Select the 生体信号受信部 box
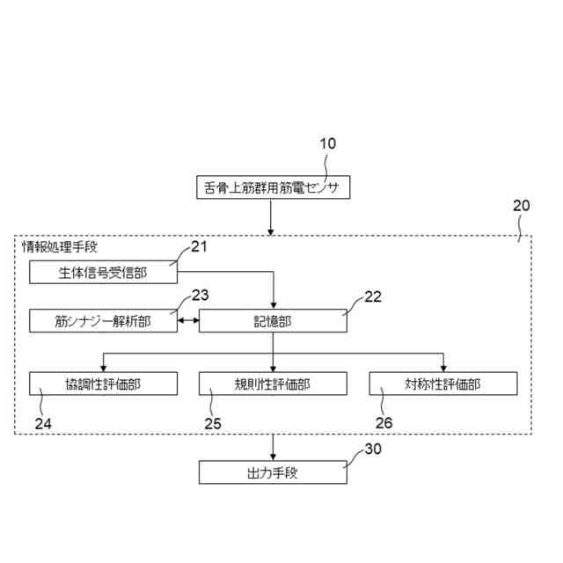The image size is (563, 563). (x=103, y=272)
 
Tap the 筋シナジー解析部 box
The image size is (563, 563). (x=103, y=321)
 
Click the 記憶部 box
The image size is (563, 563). (x=273, y=321)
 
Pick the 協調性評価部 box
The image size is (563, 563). (x=103, y=384)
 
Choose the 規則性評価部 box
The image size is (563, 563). (x=273, y=384)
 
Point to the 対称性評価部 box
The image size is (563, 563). (x=442, y=384)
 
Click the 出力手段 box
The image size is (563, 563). (x=273, y=472)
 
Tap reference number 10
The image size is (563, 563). (x=326, y=143)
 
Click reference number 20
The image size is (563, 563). (x=521, y=206)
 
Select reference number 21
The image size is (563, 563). (x=200, y=246)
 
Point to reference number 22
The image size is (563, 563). (x=373, y=296)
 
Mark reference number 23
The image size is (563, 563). (x=201, y=296)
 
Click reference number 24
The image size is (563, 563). (x=43, y=422)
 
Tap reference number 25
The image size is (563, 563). (x=212, y=422)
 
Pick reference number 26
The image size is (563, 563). (x=383, y=422)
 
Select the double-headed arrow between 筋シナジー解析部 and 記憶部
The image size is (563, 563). (x=188, y=321)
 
